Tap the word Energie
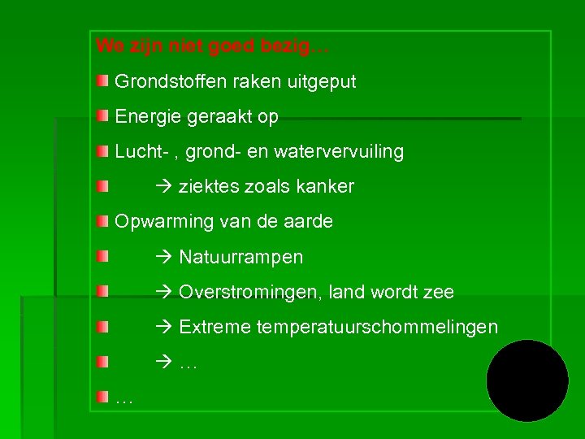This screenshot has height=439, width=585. [147, 117]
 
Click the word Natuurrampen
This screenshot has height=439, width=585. [240, 258]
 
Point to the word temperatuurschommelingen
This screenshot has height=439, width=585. [377, 327]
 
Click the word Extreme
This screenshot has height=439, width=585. [214, 327]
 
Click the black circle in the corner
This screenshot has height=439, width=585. [527, 380]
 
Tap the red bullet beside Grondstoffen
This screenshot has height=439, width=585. [101, 81]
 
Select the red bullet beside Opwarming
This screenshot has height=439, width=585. [101, 221]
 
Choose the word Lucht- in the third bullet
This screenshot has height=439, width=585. [139, 152]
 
